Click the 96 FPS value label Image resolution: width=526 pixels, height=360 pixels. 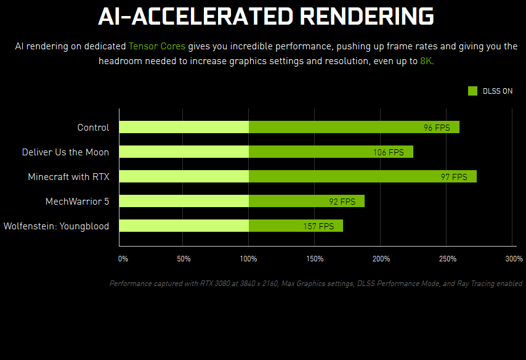pos(437,128)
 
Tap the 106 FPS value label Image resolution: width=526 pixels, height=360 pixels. pos(388,152)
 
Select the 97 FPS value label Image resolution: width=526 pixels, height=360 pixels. pos(454,177)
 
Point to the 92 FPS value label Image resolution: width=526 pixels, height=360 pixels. pos(342,202)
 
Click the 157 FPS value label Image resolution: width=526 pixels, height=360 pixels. pos(318,226)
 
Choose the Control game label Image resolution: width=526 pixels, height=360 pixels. pos(93,128)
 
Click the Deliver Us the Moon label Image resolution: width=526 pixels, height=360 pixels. pos(65,152)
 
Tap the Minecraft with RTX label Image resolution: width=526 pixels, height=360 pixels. pos(68,177)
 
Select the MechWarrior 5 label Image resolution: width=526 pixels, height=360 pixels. pos(77,202)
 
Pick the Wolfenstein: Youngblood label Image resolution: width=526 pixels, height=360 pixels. pos(56,226)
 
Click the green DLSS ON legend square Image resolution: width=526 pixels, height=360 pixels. pos(473,91)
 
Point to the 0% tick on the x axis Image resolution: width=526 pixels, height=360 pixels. pos(123,258)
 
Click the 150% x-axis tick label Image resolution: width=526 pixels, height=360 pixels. pos(314,258)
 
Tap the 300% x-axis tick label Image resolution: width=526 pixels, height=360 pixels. pos(513,258)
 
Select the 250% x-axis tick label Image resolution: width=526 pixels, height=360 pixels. pos(448,258)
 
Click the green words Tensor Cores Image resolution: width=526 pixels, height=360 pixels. pos(156,46)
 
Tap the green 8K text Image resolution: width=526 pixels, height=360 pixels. pos(426,62)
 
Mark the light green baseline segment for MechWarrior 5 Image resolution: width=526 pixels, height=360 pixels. pos(184,202)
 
